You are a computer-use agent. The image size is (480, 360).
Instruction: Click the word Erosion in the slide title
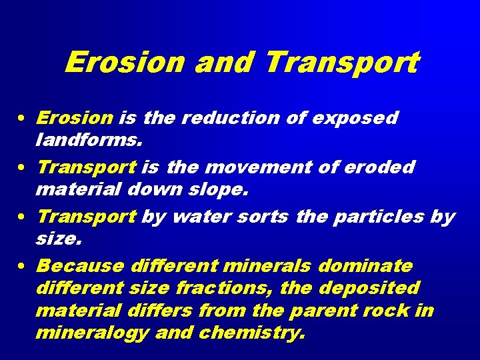(x=125, y=63)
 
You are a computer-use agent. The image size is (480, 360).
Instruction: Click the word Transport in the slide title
(x=342, y=63)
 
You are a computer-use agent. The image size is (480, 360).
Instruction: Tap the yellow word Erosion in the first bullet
(x=75, y=118)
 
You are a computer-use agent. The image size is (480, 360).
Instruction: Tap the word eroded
(x=379, y=167)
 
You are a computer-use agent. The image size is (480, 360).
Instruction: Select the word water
(x=198, y=217)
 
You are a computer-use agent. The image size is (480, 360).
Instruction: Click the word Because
(x=80, y=266)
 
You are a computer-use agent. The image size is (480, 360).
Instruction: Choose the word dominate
(x=365, y=266)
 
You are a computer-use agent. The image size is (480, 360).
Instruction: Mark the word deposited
(x=371, y=288)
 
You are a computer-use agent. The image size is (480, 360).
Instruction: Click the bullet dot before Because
(x=22, y=267)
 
